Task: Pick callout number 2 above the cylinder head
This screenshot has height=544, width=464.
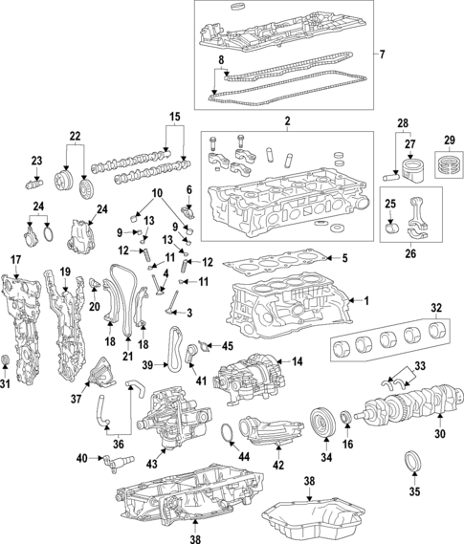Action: tap(285, 122)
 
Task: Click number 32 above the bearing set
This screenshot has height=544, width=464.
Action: tap(435, 307)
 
